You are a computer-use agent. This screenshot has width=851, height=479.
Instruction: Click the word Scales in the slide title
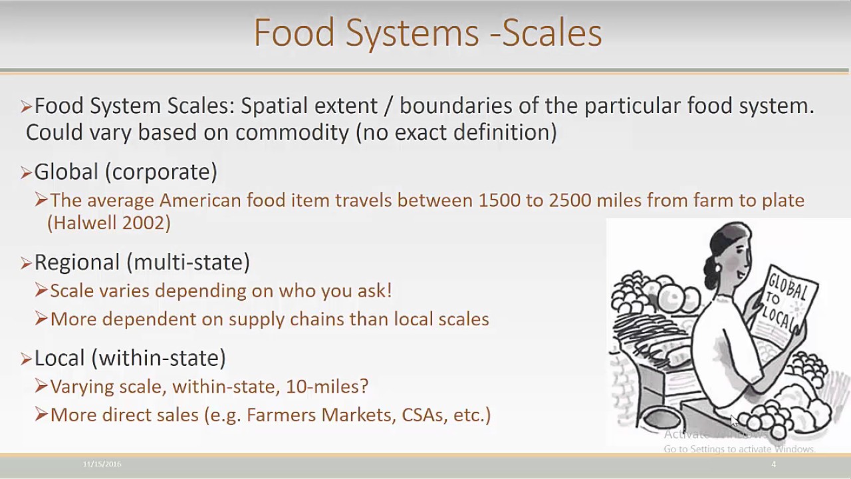click(552, 33)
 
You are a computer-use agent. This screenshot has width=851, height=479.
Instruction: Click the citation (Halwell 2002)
click(109, 223)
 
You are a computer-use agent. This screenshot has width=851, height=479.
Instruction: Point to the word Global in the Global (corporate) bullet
click(66, 172)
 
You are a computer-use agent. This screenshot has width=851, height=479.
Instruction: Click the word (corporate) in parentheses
click(161, 172)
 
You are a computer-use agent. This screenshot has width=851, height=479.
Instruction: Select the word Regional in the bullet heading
click(76, 262)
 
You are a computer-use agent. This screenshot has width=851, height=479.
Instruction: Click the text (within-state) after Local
click(158, 358)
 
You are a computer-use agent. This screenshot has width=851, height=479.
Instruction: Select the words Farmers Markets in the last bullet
click(320, 415)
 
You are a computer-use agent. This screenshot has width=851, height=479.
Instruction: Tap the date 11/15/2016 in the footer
click(102, 464)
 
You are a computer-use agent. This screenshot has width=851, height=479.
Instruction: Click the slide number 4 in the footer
click(773, 464)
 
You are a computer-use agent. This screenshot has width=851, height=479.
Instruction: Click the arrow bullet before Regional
click(26, 263)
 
